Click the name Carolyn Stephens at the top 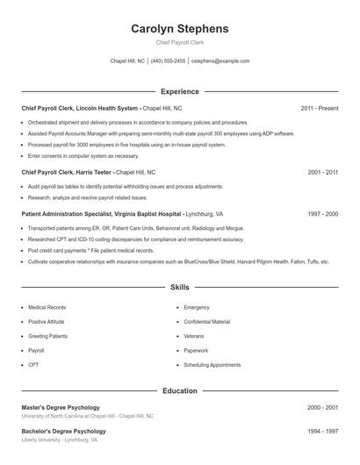179,29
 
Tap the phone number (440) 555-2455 169,61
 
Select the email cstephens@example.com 220,61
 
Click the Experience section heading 180,91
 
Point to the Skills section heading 180,287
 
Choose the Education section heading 180,390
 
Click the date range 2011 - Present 320,108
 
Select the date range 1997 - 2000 322,213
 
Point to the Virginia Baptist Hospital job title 121,213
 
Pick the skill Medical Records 47,308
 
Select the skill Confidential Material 207,322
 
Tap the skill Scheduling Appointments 212,364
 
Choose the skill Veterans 194,336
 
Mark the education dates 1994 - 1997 322,432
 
